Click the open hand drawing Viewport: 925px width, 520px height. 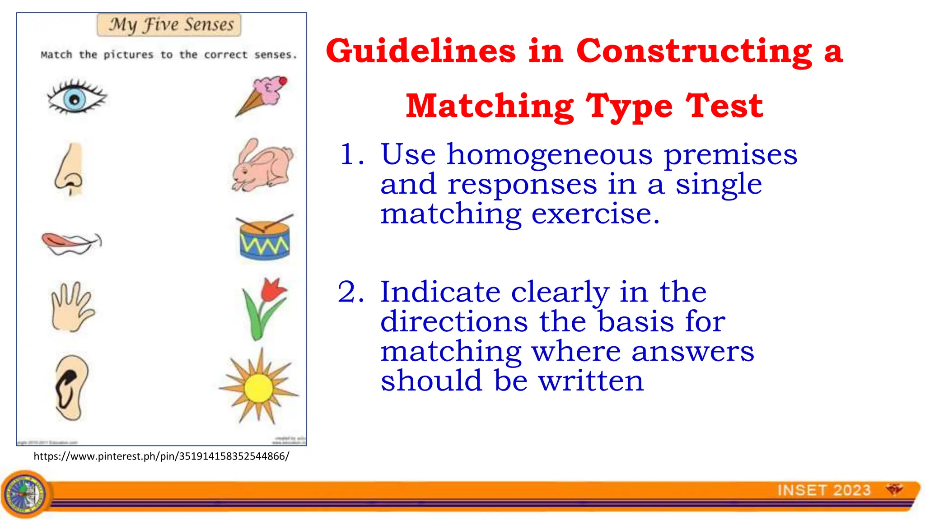tap(71, 307)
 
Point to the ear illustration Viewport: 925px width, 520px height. tap(71, 387)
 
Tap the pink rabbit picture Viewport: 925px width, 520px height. tap(262, 166)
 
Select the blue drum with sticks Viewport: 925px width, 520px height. tap(264, 239)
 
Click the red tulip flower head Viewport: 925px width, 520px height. tap(273, 289)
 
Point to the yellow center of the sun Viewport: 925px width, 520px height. tap(258, 388)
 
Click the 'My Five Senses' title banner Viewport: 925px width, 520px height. tap(169, 25)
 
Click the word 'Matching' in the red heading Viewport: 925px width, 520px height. tap(490, 107)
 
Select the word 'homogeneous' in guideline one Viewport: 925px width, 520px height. tap(550, 155)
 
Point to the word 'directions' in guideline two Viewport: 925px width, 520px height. tap(454, 322)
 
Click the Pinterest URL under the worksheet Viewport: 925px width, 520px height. tap(161, 456)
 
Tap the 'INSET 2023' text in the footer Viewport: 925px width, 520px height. tap(824, 490)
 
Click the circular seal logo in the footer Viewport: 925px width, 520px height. tap(25, 494)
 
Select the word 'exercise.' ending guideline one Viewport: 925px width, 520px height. tap(595, 214)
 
